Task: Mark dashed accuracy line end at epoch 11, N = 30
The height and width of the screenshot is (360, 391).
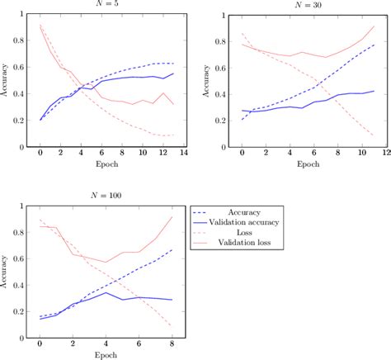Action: (x=373, y=45)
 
